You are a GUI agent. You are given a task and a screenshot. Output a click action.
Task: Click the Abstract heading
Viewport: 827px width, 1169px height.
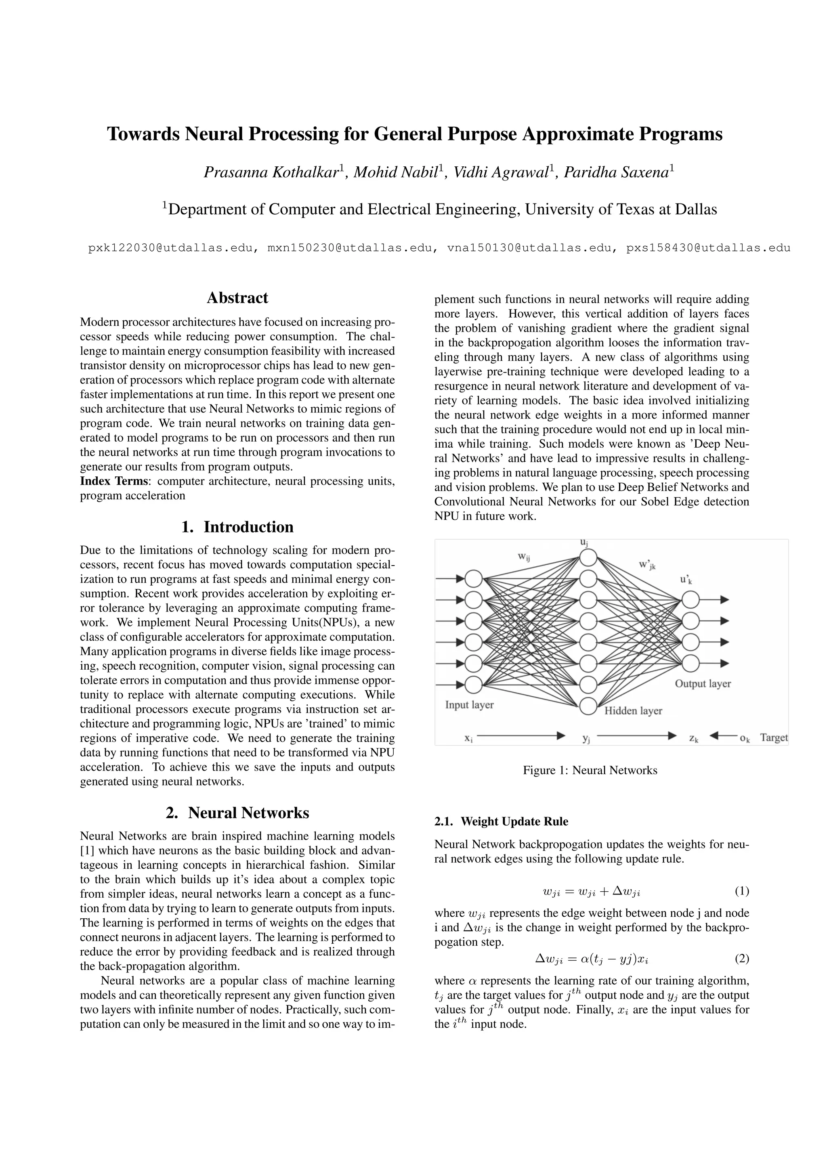click(x=237, y=298)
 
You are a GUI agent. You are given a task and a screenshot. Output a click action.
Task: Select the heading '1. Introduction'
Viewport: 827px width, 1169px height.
click(x=237, y=527)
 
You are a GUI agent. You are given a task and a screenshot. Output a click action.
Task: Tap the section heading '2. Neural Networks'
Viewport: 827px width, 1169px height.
click(x=237, y=813)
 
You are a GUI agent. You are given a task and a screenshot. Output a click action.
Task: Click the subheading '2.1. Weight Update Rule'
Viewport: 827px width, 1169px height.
click(x=501, y=821)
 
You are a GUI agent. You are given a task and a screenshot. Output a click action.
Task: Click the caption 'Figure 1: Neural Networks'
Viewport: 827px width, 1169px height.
click(x=590, y=770)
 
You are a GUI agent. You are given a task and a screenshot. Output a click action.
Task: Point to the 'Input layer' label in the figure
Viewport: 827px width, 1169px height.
click(x=469, y=705)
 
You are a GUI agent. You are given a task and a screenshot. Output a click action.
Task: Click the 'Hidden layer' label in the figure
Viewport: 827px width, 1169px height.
click(x=633, y=711)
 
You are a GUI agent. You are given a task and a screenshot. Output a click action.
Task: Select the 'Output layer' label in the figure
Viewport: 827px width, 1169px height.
click(x=703, y=684)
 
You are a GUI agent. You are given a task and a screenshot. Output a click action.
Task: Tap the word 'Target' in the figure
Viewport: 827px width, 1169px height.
click(x=774, y=738)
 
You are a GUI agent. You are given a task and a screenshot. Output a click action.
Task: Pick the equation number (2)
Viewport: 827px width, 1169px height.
click(x=741, y=959)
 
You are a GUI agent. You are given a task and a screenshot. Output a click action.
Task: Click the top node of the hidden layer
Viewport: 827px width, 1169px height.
click(x=588, y=557)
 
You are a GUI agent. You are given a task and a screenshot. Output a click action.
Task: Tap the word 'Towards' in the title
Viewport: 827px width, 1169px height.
click(x=143, y=134)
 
